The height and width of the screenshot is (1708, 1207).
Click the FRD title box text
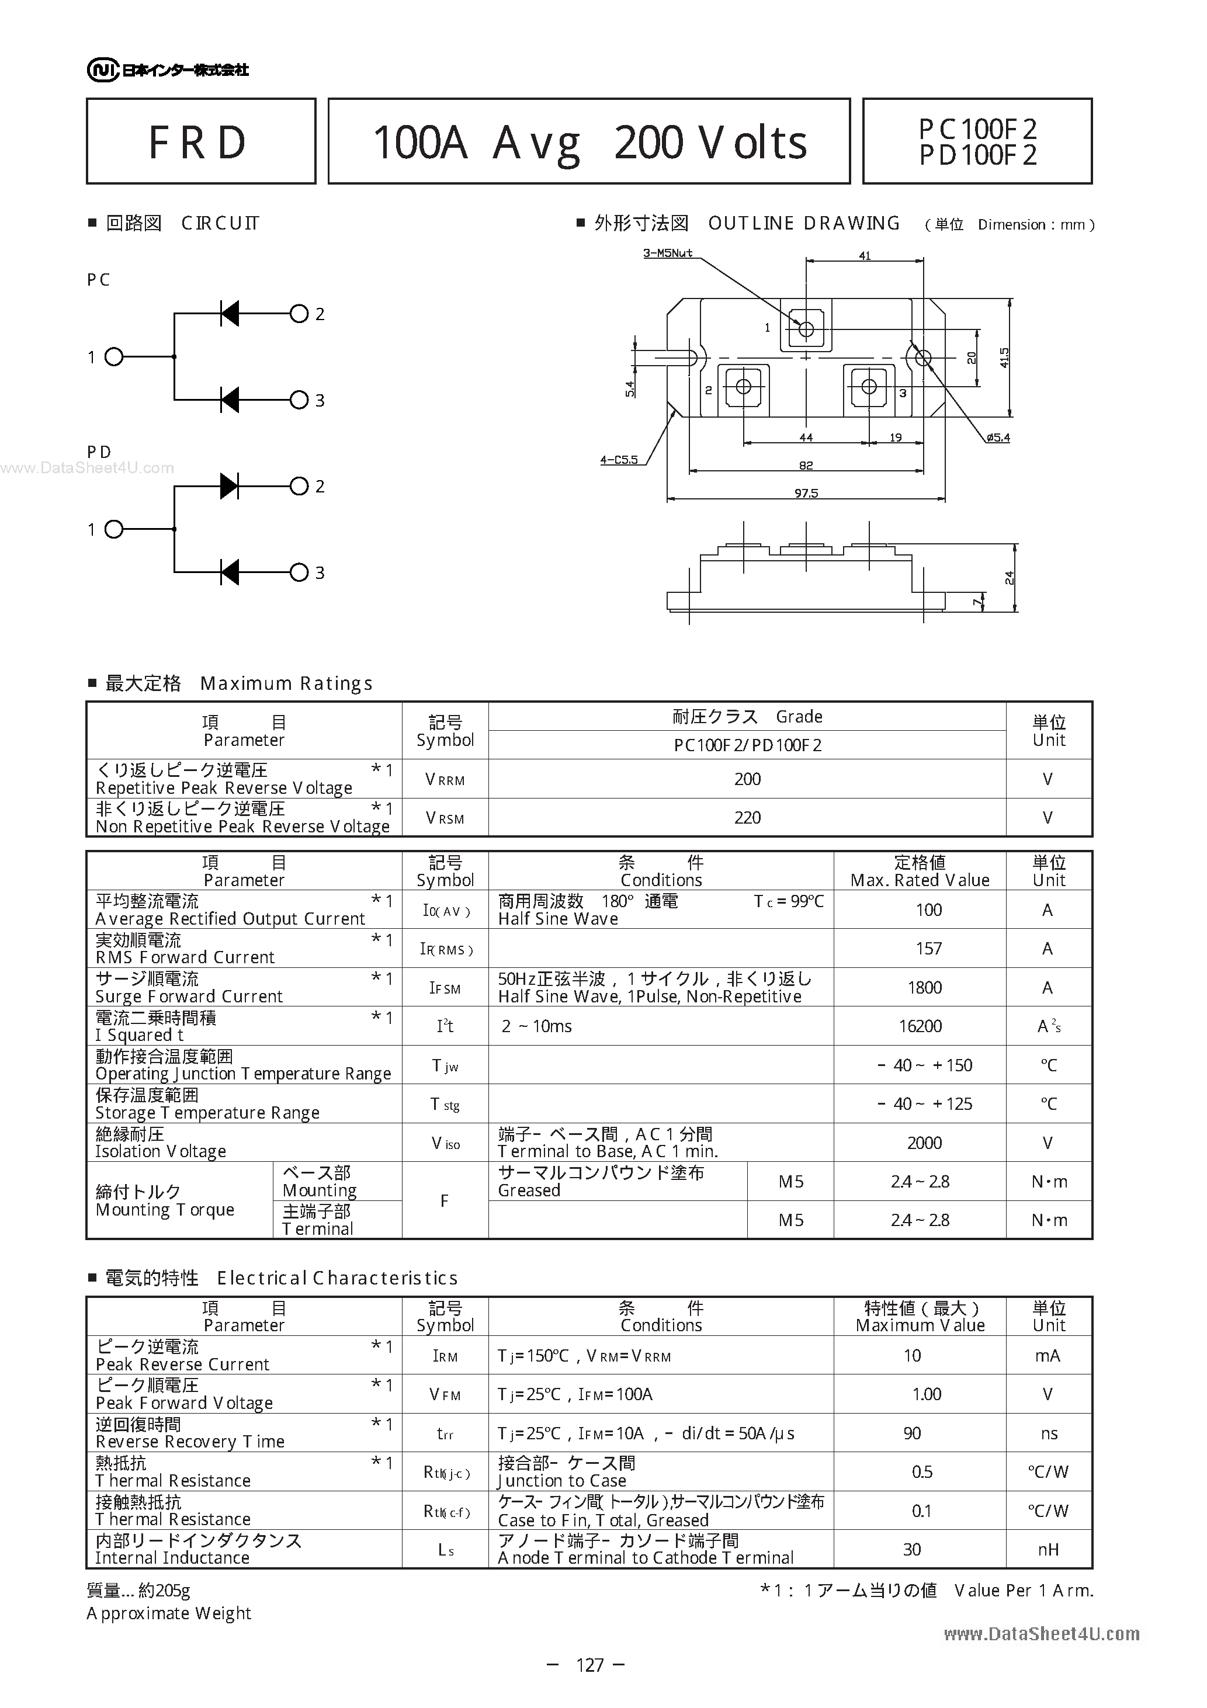197,142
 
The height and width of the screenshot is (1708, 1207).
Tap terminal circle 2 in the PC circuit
299,314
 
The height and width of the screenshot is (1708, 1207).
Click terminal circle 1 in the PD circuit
114,530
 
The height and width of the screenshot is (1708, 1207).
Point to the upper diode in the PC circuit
230,314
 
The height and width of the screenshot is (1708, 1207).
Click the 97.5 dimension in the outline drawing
806,493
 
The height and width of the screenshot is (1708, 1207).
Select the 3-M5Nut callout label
668,253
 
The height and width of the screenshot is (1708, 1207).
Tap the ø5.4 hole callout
998,438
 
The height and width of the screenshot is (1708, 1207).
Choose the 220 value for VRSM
747,818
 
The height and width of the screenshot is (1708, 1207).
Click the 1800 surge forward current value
924,988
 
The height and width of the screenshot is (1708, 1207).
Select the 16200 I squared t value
921,1026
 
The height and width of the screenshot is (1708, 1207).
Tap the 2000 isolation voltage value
924,1143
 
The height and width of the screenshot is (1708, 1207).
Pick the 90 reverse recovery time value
913,1433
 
